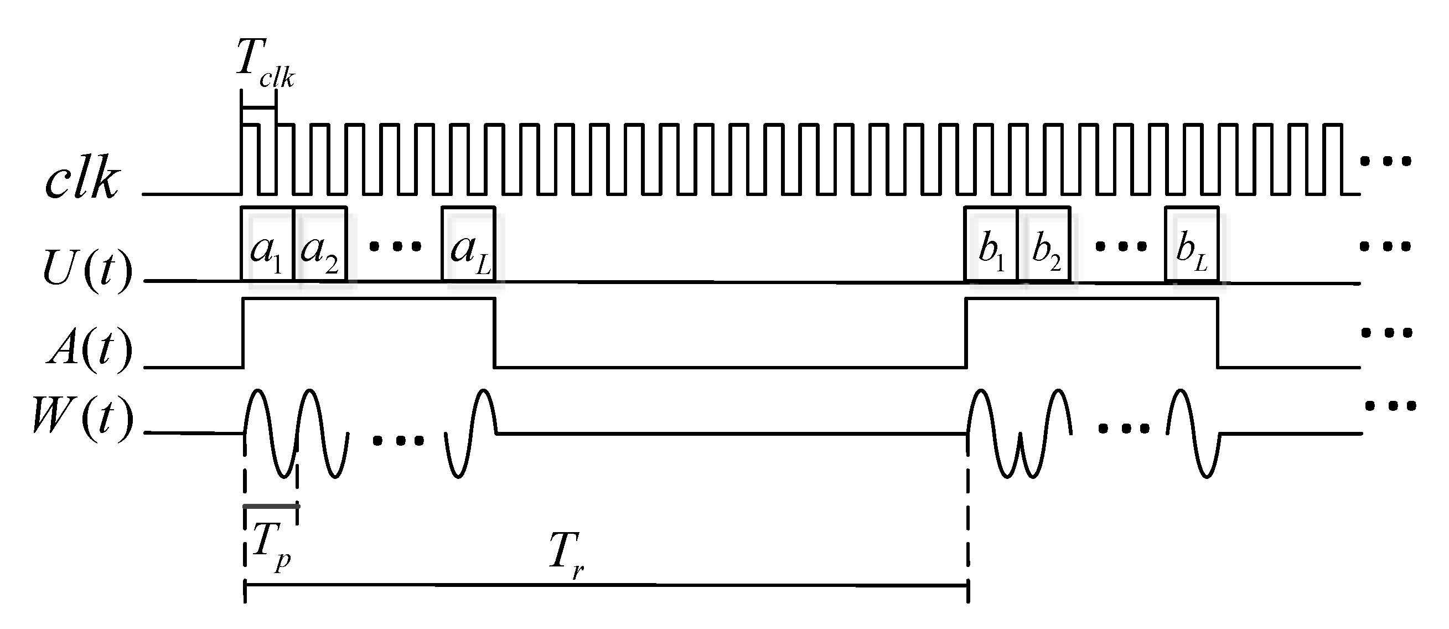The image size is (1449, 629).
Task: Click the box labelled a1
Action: (x=267, y=245)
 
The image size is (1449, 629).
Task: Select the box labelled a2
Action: (x=320, y=245)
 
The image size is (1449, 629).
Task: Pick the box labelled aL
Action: (x=469, y=245)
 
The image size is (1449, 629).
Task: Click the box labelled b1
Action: (x=991, y=245)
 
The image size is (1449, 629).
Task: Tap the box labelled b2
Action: (x=1044, y=245)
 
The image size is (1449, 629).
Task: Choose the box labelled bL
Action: (x=1192, y=245)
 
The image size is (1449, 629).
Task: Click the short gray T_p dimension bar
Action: (x=271, y=506)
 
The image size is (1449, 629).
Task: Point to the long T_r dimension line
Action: (x=607, y=586)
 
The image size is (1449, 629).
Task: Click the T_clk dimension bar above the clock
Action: (x=259, y=107)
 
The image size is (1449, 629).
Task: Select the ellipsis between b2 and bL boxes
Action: (x=1121, y=246)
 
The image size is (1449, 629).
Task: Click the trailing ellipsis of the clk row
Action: (x=1385, y=162)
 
